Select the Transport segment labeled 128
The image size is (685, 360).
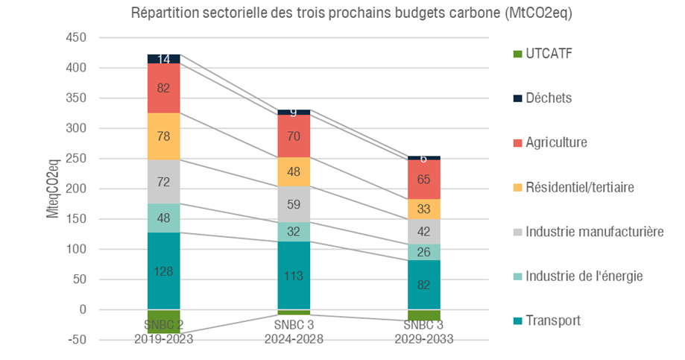coord(163,271)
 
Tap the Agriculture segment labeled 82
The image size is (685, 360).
coord(163,88)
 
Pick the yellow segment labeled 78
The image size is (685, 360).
coord(163,136)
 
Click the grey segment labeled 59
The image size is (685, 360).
coord(294,203)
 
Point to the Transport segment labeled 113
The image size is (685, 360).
coord(294,276)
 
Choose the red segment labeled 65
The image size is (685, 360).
coord(423,180)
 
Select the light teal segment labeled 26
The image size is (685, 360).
coord(423,252)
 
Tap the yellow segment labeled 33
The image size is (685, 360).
coord(423,209)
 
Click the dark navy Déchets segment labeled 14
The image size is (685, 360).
coord(163,59)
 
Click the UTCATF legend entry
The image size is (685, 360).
coord(546,54)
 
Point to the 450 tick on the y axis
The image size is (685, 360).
coord(77,38)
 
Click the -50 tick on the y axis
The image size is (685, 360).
coord(78,339)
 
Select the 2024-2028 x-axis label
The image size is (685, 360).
coord(294,338)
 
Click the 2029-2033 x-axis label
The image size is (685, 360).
coord(423,338)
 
